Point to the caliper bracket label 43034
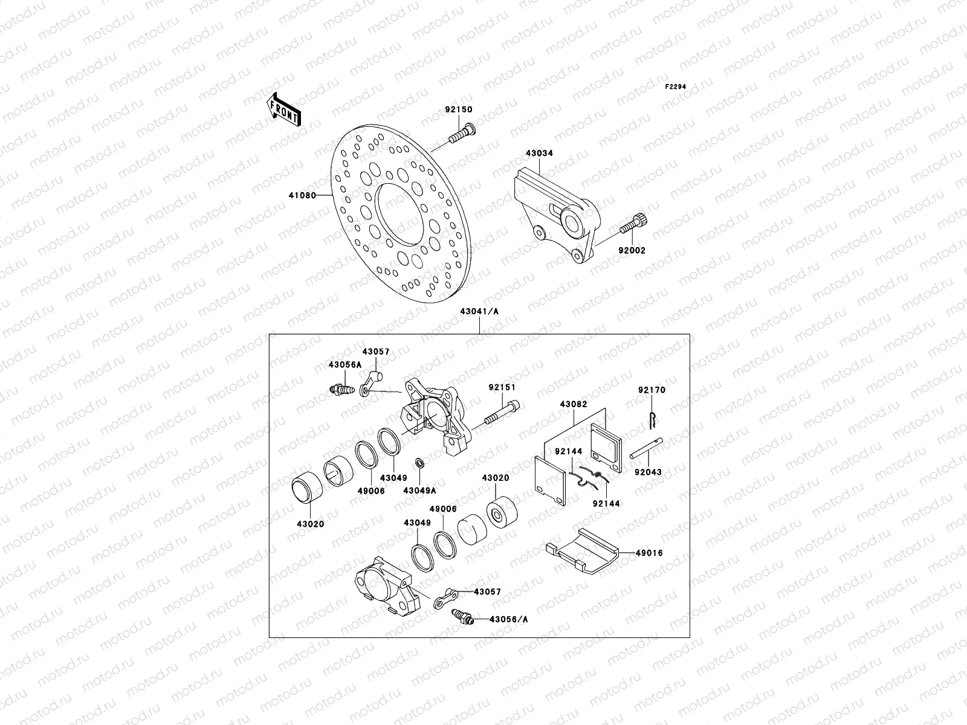point(539,153)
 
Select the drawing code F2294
point(676,87)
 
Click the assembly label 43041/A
point(479,311)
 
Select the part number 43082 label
point(573,404)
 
